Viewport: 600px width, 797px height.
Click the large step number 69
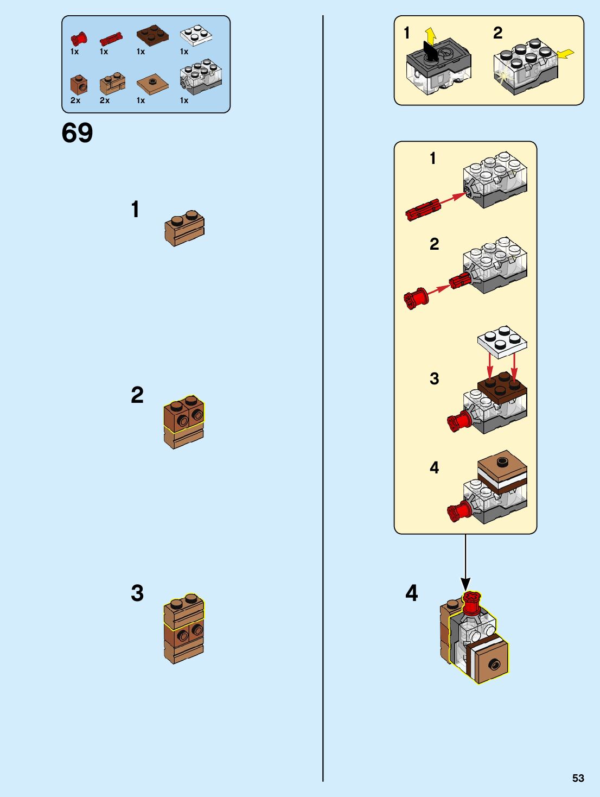[x=77, y=133]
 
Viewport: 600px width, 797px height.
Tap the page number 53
[x=578, y=778]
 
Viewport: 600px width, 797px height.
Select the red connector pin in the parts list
[x=79, y=39]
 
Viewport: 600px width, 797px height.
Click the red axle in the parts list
[x=111, y=39]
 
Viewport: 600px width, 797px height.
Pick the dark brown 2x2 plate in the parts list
[x=152, y=35]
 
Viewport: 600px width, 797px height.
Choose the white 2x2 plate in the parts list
[x=196, y=35]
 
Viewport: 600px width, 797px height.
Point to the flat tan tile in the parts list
[x=152, y=84]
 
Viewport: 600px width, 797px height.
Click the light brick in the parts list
[x=201, y=78]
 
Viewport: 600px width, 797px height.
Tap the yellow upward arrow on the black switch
[x=430, y=35]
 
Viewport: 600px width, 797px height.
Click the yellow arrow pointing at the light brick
[x=565, y=54]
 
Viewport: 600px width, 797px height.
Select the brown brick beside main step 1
[x=184, y=229]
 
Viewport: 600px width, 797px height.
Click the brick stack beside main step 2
[x=184, y=422]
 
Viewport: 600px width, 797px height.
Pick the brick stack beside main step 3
[x=184, y=629]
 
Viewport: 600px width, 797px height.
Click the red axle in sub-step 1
[x=423, y=210]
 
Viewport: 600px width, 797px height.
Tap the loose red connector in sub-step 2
[x=416, y=299]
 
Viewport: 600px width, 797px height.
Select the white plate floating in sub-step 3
[x=502, y=341]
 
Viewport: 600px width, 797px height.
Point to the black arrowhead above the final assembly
[x=465, y=584]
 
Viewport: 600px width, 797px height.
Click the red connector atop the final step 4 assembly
[x=471, y=603]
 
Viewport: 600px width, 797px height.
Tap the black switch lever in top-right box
[x=430, y=53]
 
